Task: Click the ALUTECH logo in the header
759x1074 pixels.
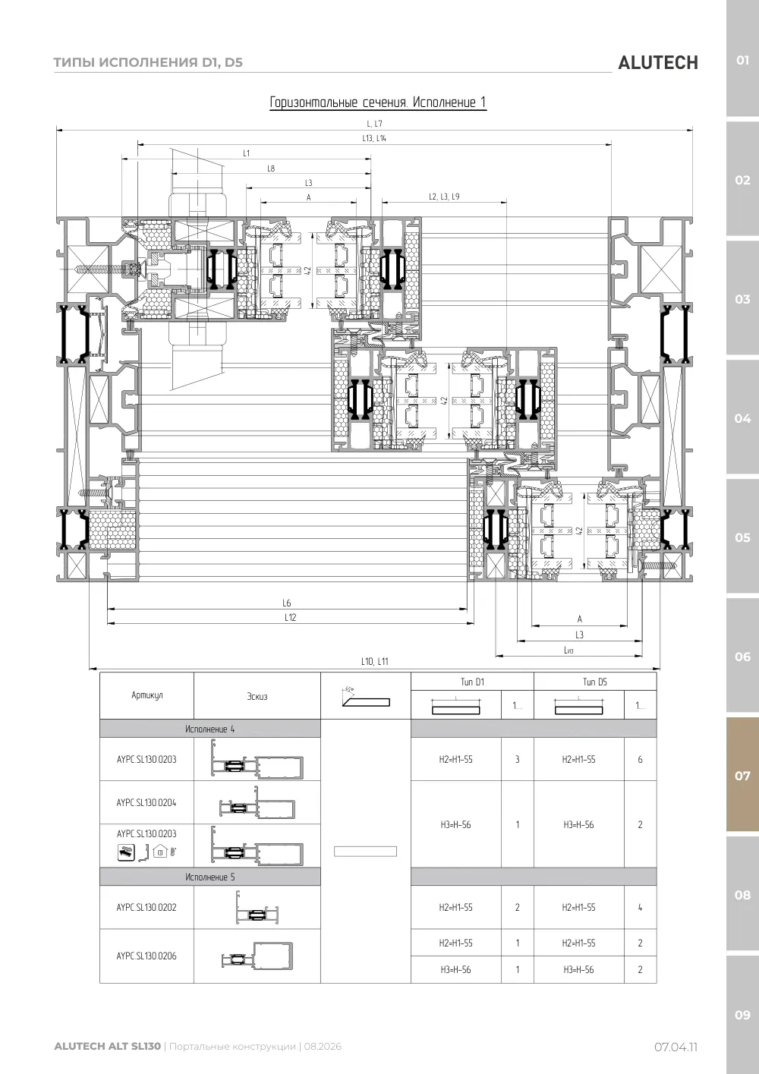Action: (658, 63)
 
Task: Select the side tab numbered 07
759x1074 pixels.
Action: (742, 775)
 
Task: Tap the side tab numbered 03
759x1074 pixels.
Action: (742, 299)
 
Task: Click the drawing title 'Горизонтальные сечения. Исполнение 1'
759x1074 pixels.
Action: (378, 102)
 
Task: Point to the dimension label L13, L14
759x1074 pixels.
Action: (374, 138)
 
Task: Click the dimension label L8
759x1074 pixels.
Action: (271, 169)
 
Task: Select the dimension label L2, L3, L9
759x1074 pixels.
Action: (444, 197)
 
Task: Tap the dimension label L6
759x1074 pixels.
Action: (286, 603)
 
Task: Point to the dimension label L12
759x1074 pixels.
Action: (290, 617)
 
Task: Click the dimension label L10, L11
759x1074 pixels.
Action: (374, 661)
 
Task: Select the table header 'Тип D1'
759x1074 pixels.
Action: (472, 682)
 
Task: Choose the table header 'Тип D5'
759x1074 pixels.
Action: (594, 682)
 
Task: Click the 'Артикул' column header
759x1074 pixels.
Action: (146, 695)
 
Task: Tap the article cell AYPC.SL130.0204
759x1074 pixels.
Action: (146, 802)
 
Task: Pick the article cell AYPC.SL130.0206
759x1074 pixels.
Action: (146, 956)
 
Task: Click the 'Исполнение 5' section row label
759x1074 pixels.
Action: (210, 877)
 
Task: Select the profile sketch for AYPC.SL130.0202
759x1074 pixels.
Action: (257, 908)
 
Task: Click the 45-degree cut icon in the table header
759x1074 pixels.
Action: (366, 698)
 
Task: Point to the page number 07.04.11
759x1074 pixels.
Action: (676, 1047)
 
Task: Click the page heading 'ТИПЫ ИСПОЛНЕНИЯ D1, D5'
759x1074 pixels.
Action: (148, 62)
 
